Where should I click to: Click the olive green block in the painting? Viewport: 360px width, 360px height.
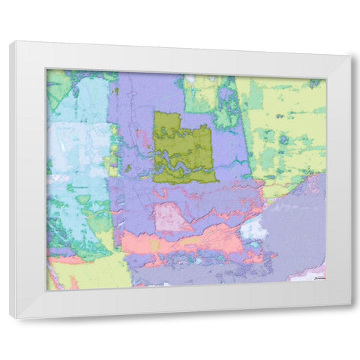pyautogui.click(x=184, y=135)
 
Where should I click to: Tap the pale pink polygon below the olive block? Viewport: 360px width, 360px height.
pyautogui.click(x=171, y=217)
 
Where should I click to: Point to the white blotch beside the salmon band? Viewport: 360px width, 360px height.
pyautogui.click(x=253, y=228)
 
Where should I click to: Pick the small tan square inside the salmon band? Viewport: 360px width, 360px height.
pyautogui.click(x=154, y=245)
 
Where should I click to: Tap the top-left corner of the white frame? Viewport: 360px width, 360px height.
pyautogui.click(x=10, y=43)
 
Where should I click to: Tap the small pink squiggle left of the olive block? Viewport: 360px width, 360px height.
pyautogui.click(x=140, y=139)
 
